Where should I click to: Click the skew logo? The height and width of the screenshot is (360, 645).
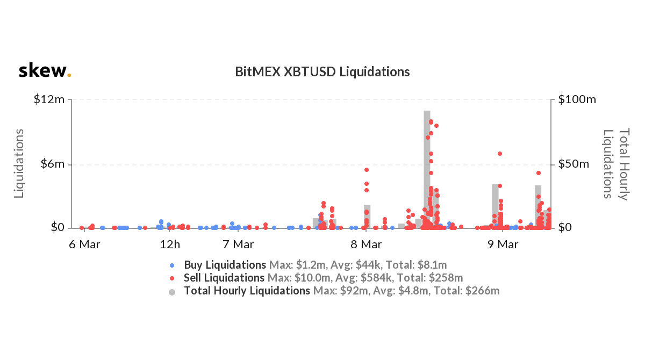coord(45,70)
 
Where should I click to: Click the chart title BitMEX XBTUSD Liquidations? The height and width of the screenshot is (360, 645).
coord(322,71)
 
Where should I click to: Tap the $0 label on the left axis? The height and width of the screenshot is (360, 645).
coord(58,228)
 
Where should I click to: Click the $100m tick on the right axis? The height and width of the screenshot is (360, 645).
coord(577,99)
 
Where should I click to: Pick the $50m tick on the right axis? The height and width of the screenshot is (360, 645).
coord(575,164)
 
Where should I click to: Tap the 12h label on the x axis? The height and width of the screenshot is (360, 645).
coord(170,244)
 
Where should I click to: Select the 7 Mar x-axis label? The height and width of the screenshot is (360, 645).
coord(238,244)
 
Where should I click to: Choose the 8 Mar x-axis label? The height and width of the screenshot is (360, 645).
coord(365,244)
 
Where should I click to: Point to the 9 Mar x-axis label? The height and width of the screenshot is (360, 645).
coord(503,244)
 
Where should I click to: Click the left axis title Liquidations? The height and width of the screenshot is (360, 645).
coord(19,163)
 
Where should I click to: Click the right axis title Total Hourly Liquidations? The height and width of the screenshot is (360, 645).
coord(616,163)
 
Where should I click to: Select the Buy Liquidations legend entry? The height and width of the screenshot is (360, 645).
coord(225,265)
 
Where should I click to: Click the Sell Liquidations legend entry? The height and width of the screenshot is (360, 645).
coord(224,278)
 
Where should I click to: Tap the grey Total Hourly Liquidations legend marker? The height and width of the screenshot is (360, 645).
coord(172,291)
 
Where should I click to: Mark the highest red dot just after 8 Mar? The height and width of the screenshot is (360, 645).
coord(367,170)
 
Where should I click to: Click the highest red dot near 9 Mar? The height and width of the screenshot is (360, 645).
coord(500,154)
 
